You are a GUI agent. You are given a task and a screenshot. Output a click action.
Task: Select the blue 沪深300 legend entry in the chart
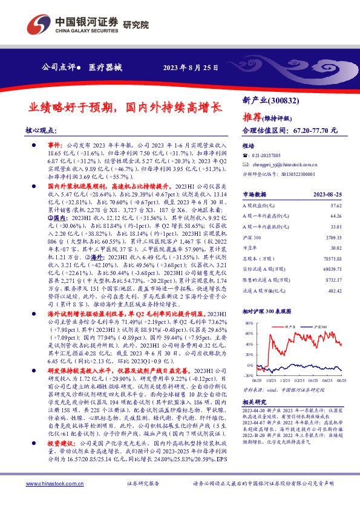coord(319,326)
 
